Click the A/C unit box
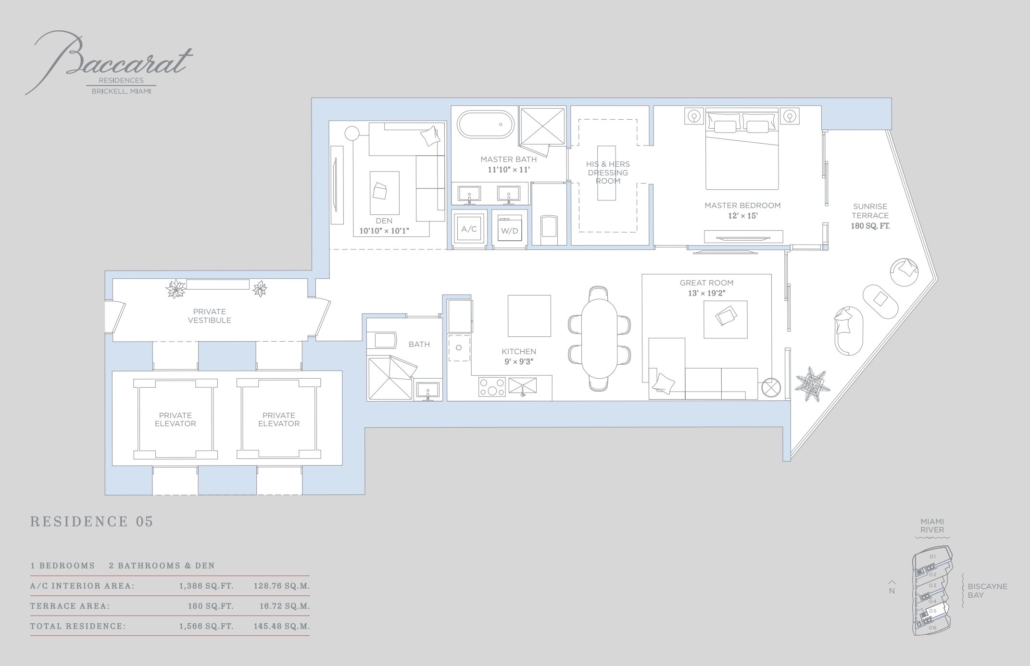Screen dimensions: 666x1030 click(x=469, y=229)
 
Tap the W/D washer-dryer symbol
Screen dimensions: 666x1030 click(x=509, y=231)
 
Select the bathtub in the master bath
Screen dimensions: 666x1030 click(x=486, y=124)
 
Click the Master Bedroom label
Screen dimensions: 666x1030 click(x=742, y=206)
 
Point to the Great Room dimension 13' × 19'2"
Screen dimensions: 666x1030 click(x=706, y=293)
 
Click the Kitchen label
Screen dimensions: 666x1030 click(x=519, y=352)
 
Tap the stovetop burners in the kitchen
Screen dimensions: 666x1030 click(x=492, y=387)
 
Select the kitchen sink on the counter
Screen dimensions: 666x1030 click(x=522, y=386)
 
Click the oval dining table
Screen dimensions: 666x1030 click(x=599, y=338)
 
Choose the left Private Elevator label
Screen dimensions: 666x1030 click(x=176, y=419)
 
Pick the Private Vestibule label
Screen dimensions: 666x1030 click(x=209, y=316)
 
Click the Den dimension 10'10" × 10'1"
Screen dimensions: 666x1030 click(x=384, y=231)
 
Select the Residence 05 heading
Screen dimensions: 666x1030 click(x=92, y=522)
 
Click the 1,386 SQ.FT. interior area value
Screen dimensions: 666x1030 click(x=206, y=586)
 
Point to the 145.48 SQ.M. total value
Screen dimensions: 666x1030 click(x=282, y=627)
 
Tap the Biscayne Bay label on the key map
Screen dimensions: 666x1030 click(x=987, y=591)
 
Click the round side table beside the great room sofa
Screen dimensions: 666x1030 click(x=771, y=387)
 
